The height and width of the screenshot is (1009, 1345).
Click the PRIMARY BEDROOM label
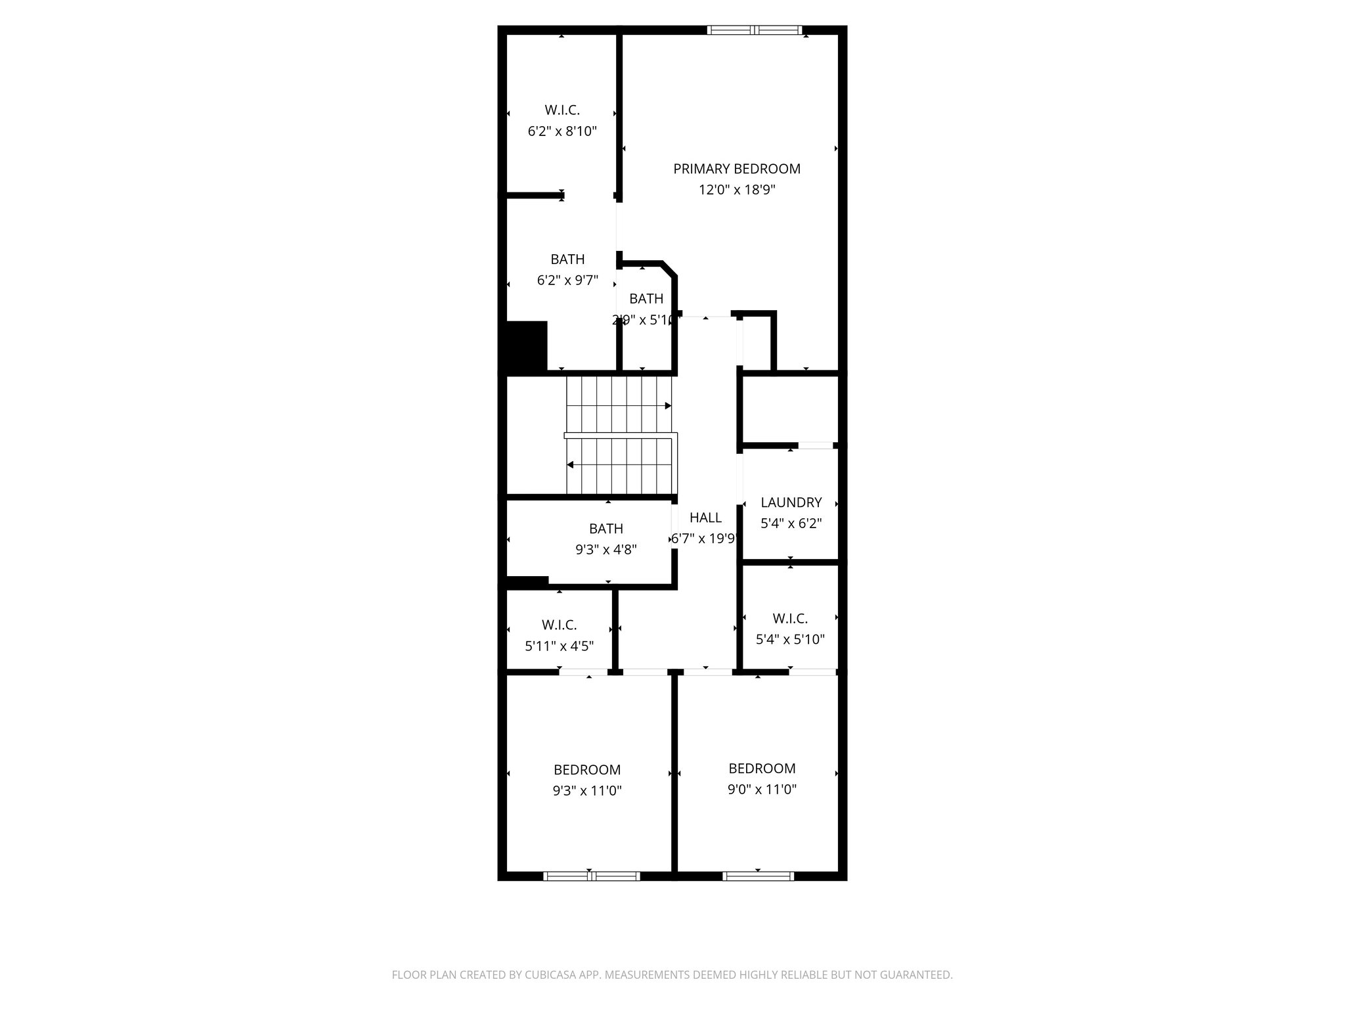coord(737,169)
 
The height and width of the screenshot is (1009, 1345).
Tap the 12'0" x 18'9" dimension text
coord(737,190)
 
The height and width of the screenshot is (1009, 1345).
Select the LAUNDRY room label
coord(791,503)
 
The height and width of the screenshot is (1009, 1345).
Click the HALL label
coord(705,518)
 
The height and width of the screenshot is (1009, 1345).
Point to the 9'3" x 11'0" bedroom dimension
coord(587,791)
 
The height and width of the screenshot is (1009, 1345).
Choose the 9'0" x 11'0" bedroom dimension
coord(762,790)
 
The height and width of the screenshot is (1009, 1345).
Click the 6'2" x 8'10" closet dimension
coord(562,131)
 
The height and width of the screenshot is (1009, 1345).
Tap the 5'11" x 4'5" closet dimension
coord(560,646)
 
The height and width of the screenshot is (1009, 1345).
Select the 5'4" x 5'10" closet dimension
coord(790,639)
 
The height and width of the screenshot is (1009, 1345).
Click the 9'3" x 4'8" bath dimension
coord(606,550)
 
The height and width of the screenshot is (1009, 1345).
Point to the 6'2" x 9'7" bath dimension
coord(567,280)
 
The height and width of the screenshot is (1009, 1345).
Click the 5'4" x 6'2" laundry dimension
coord(791,524)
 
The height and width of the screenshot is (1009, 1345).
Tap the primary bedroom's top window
coord(755,30)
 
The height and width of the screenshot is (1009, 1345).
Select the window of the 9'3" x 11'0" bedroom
coord(591,876)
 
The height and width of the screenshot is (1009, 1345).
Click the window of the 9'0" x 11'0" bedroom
coord(758,876)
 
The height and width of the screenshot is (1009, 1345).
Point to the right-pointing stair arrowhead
coord(668,406)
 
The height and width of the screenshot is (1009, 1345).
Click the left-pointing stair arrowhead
coord(570,465)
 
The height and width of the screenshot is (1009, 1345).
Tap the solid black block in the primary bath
coord(527,347)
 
